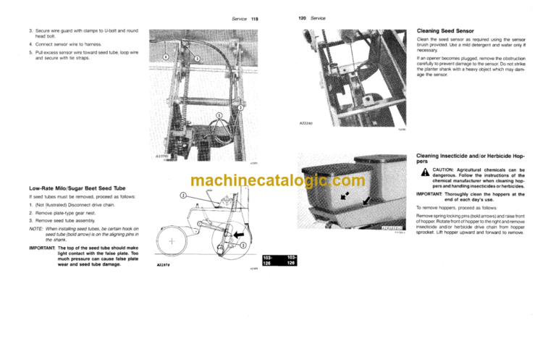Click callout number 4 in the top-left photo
[x=165, y=56]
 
